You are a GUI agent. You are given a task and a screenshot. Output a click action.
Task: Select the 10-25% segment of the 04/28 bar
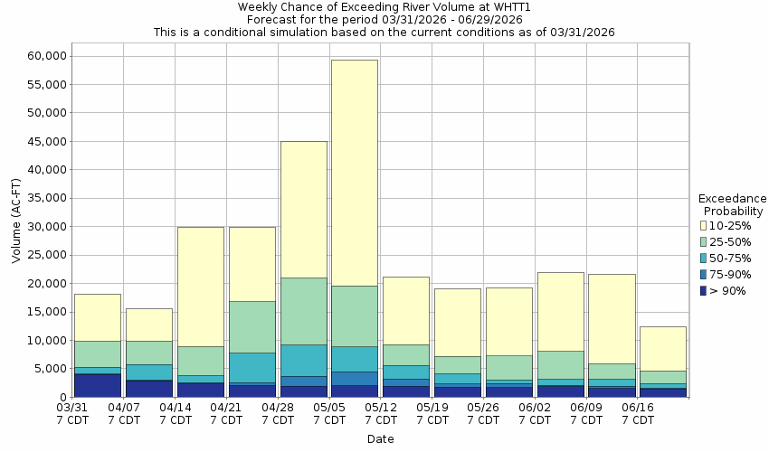pyautogui.click(x=303, y=209)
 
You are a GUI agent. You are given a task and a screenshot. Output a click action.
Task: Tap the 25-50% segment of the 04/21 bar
pyautogui.click(x=252, y=326)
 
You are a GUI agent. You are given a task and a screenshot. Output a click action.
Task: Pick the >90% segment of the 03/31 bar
pyautogui.click(x=97, y=385)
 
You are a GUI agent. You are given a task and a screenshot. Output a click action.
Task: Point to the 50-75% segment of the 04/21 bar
pyautogui.click(x=252, y=367)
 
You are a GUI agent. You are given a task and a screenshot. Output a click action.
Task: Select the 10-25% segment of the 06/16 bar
pyautogui.click(x=662, y=348)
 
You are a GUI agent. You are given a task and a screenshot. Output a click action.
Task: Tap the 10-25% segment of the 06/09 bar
pyautogui.click(x=612, y=318)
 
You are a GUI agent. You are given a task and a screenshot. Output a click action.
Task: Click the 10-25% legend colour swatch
pyautogui.click(x=704, y=225)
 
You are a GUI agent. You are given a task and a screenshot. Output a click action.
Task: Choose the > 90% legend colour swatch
pyautogui.click(x=704, y=291)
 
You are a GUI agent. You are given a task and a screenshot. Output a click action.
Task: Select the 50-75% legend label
pyautogui.click(x=728, y=259)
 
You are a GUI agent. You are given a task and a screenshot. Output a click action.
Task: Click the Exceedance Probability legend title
pyautogui.click(x=733, y=205)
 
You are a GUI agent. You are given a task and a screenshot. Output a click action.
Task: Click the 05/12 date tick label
pyautogui.click(x=381, y=414)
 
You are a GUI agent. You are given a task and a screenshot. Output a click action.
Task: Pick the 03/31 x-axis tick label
pyautogui.click(x=73, y=414)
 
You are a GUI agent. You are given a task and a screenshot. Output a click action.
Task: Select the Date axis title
pyautogui.click(x=380, y=439)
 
